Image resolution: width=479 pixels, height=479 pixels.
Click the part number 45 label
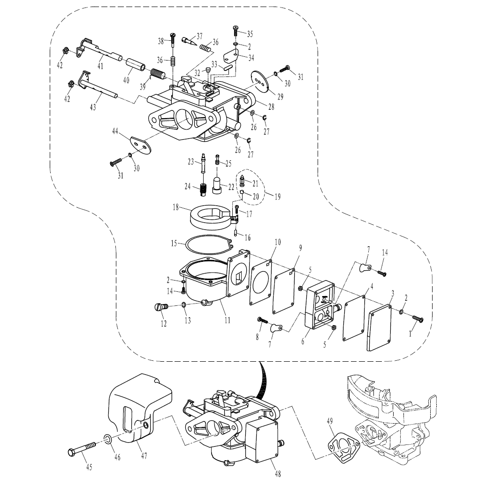[89, 467]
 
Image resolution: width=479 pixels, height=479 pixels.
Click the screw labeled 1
[417, 319]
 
